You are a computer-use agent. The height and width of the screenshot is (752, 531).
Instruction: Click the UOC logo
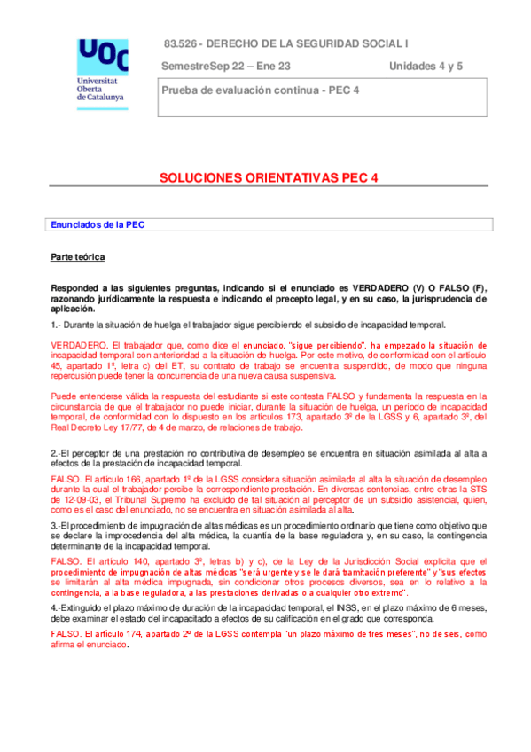coord(102,55)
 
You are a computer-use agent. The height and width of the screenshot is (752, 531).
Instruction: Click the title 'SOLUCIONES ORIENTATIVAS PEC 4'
coord(269,177)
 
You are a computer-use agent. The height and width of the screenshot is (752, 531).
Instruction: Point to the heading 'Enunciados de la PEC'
coord(98,225)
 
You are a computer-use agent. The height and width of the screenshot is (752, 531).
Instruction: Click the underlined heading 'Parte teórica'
coord(78,257)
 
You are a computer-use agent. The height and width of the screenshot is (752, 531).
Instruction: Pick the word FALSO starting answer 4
coord(65,634)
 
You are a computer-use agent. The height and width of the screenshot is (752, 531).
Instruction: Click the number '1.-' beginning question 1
coord(57,325)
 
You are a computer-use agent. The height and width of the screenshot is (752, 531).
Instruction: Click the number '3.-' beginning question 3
coord(57,526)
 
